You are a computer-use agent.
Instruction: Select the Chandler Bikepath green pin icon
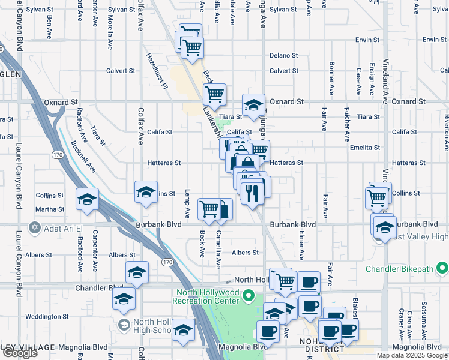(442, 267)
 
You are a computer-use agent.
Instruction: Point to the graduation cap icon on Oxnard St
(253, 104)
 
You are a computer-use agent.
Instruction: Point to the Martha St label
(52, 209)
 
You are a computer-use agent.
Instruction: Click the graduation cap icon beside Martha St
(87, 199)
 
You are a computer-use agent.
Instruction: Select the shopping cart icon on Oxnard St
(214, 94)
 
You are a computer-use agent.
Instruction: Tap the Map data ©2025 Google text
(411, 355)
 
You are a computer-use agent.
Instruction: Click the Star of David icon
(34, 227)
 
